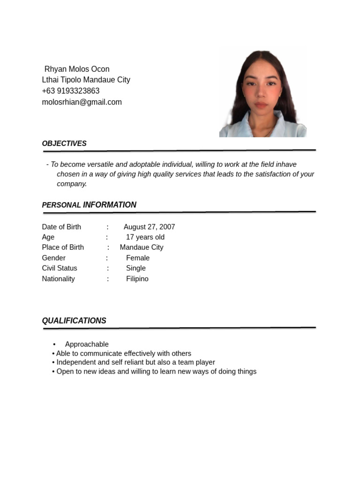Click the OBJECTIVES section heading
[64, 143]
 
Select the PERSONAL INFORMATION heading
[89, 205]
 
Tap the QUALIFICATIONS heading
[74, 321]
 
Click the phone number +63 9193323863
[71, 91]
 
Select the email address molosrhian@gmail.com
[82, 102]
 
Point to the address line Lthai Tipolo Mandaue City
[86, 80]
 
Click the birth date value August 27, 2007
[149, 227]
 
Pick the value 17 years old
[145, 237]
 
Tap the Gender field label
[54, 258]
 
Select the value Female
[138, 258]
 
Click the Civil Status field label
[60, 268]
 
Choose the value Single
[136, 268]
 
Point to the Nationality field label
[59, 279]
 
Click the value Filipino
[137, 279]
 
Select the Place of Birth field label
[63, 247]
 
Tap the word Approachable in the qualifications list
[87, 344]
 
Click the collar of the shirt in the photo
[281, 127]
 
